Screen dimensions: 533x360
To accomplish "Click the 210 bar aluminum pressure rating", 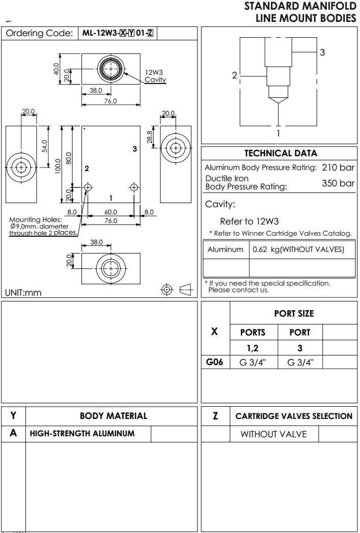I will (x=338, y=167).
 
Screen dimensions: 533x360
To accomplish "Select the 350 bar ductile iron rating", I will (x=338, y=183).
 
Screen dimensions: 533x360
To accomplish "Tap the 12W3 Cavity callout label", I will (x=155, y=76).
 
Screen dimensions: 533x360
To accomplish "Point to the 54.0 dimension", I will (x=44, y=146).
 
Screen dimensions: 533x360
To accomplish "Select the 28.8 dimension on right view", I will (x=150, y=137).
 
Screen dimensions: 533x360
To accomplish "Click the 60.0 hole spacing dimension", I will (x=110, y=212).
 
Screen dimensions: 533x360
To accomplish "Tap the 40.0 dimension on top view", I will (x=57, y=69).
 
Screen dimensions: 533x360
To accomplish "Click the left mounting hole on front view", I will (x=88, y=188).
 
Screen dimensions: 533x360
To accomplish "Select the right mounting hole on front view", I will (x=134, y=188).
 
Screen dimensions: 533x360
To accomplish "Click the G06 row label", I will (x=214, y=362).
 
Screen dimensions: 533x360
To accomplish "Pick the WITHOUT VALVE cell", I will (x=273, y=434).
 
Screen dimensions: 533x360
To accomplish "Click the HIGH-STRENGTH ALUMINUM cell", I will (x=82, y=434).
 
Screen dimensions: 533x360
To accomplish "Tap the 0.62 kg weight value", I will (x=298, y=249).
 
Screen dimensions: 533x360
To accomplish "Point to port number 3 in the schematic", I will (x=322, y=52).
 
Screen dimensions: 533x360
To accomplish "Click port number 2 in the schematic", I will (x=234, y=75).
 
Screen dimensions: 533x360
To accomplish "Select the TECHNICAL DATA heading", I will (x=280, y=153).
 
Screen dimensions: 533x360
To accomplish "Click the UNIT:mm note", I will (x=23, y=293).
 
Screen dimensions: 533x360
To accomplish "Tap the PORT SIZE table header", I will (x=294, y=314).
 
